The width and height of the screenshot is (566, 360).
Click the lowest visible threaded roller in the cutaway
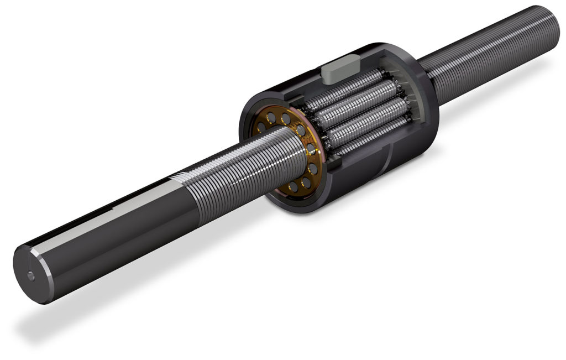365,138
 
